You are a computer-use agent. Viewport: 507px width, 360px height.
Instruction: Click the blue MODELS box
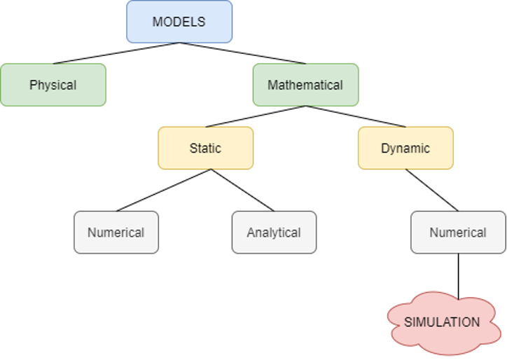(x=179, y=22)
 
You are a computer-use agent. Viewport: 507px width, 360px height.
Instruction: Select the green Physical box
(x=53, y=85)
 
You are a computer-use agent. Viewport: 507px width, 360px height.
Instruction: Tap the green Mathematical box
(x=305, y=85)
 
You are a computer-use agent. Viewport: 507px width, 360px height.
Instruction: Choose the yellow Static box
(x=205, y=148)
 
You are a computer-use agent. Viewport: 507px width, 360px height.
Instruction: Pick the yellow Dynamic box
(x=405, y=148)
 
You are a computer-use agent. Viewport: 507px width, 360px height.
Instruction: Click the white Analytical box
(x=274, y=232)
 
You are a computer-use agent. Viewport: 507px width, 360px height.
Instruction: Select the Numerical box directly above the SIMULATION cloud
(x=458, y=232)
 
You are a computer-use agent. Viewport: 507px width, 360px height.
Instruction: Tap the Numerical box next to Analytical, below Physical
(x=116, y=232)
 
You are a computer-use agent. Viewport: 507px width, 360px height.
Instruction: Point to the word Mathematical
(x=305, y=85)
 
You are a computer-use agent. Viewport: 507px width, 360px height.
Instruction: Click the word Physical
(x=53, y=85)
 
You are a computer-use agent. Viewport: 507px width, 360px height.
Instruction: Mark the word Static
(x=205, y=148)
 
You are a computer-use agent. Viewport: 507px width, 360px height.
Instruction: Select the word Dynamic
(x=405, y=148)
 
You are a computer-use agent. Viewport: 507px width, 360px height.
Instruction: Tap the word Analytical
(x=274, y=233)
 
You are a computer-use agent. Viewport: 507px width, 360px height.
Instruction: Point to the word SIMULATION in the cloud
(x=442, y=322)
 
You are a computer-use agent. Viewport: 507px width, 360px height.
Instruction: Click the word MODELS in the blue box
(x=179, y=22)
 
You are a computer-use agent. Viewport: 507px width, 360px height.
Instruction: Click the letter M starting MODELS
(x=157, y=22)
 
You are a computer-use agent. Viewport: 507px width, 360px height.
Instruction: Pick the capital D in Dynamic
(x=385, y=148)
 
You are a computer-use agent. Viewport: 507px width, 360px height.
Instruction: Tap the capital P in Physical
(x=33, y=85)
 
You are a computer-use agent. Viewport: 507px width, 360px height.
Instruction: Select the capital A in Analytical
(x=251, y=233)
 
